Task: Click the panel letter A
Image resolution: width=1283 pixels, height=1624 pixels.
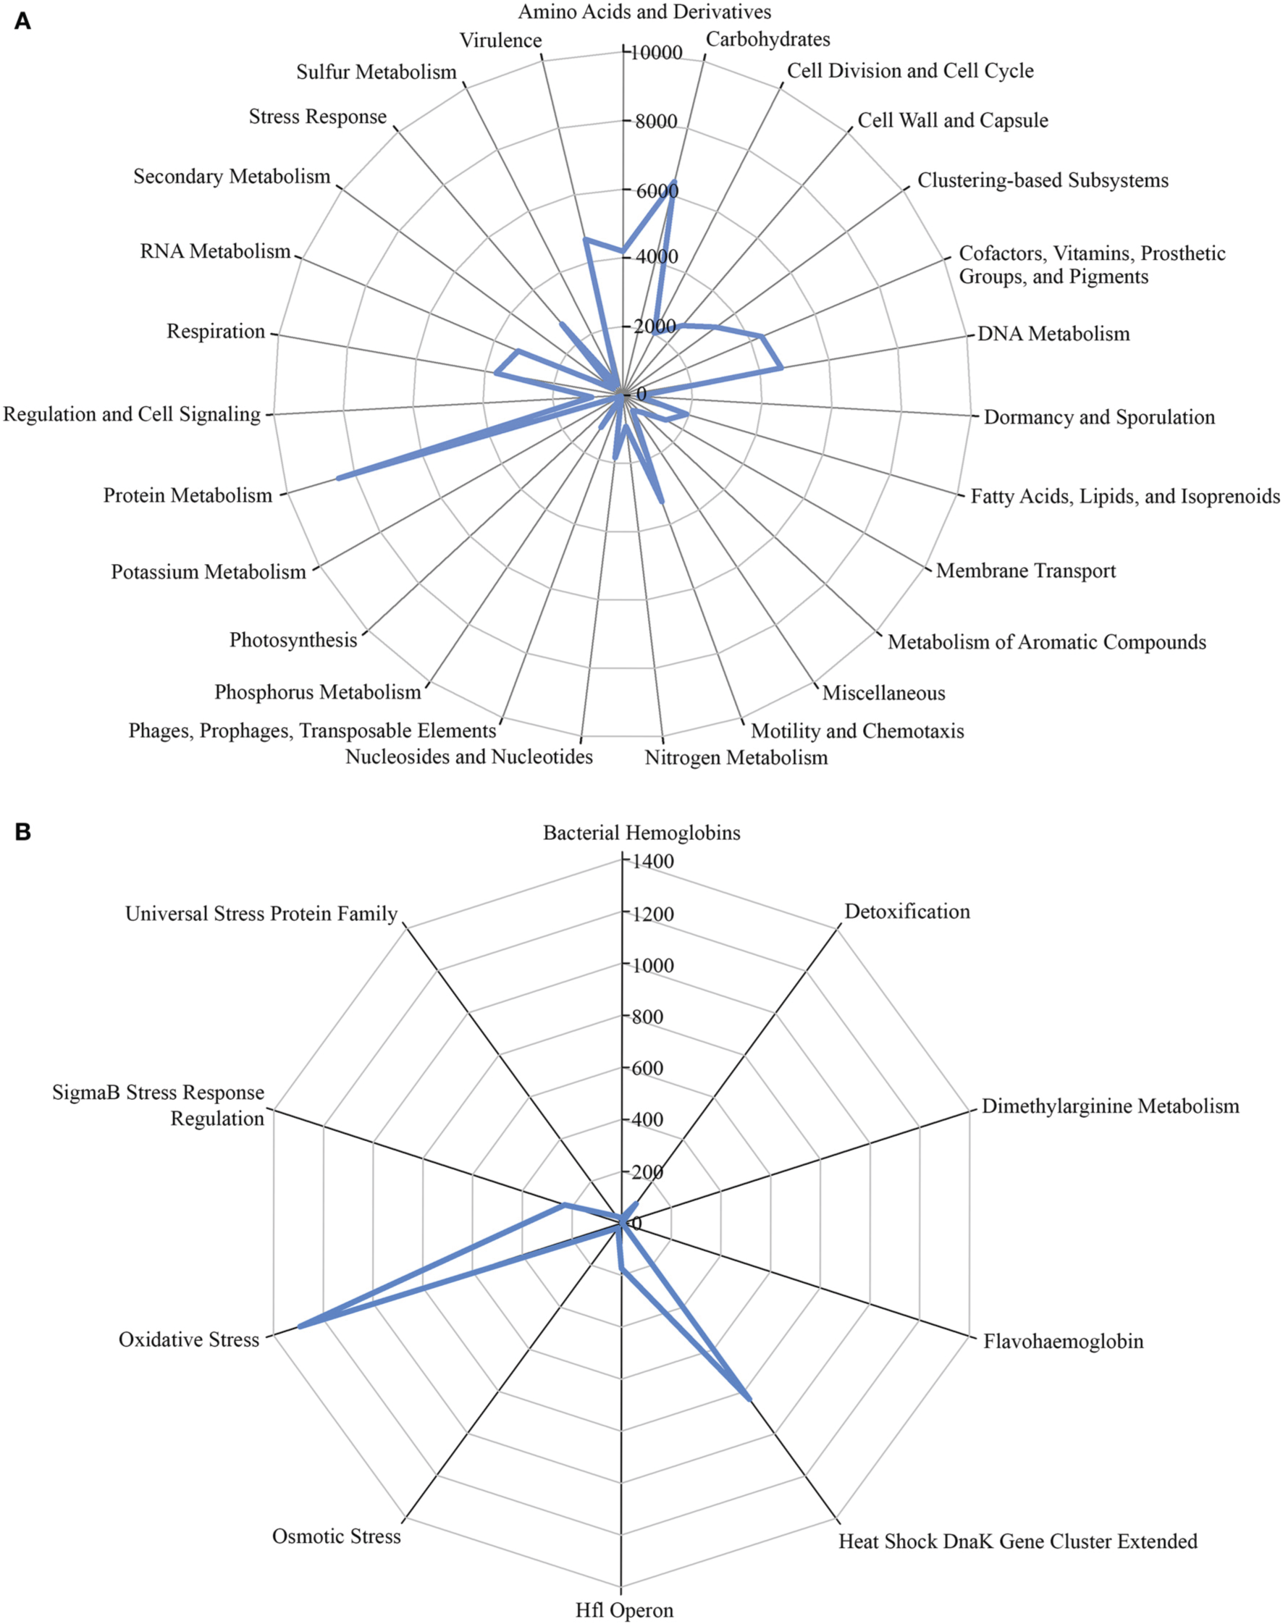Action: point(22,21)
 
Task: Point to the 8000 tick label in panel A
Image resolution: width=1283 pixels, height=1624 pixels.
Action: point(656,122)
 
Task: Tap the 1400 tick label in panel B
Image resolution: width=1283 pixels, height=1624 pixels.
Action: point(653,862)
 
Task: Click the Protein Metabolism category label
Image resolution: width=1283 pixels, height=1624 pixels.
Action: point(188,496)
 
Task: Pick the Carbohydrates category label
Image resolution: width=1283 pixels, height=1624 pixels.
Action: point(767,39)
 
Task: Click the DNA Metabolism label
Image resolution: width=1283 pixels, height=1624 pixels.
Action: point(1053,334)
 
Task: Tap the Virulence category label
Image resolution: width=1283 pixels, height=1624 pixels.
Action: point(500,41)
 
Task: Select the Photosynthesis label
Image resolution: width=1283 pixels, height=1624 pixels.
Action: point(293,640)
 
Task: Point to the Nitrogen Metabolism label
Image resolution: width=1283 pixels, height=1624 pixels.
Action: point(736,757)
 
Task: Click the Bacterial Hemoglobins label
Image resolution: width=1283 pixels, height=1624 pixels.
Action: point(641,833)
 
